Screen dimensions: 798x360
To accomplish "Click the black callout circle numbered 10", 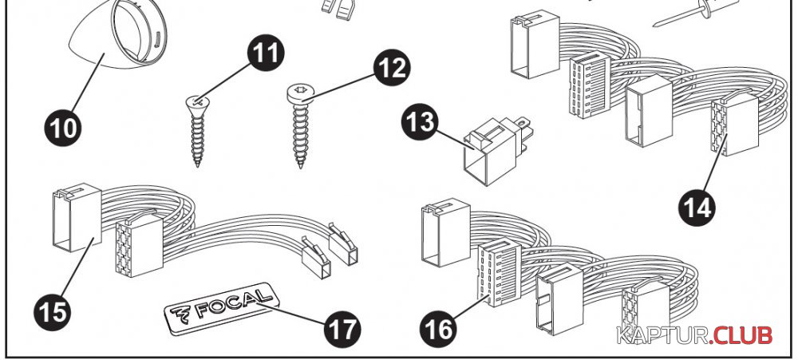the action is coord(62,127).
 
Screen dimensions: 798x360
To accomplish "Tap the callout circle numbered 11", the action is coord(265,53).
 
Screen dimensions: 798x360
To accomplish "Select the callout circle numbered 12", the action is coord(392,69).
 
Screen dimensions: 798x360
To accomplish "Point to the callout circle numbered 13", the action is coord(420,123).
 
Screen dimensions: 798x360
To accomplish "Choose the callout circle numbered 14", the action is coord(697,207).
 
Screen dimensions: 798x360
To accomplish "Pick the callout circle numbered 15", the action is coord(53,312).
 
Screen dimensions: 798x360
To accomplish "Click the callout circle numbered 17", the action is coord(342,328).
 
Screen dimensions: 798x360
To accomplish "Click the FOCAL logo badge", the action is coord(222,307).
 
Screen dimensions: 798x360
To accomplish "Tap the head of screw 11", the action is coord(196,103).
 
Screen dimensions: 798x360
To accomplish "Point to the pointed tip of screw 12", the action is coord(301,167).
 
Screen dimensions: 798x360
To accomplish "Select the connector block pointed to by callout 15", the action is coord(77,217).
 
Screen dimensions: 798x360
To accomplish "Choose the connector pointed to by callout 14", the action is coord(734,124).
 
